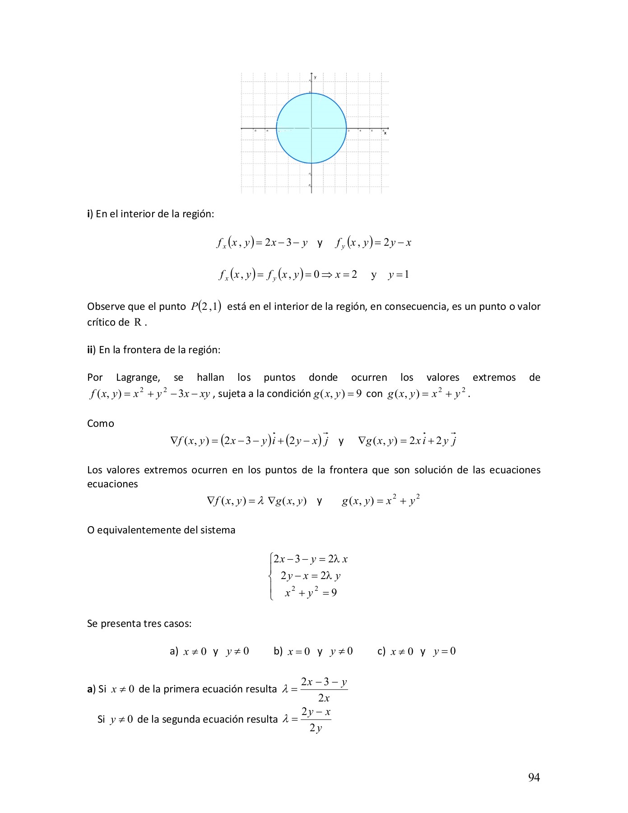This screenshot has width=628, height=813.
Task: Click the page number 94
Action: click(x=534, y=777)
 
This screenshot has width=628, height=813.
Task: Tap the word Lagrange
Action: click(x=138, y=378)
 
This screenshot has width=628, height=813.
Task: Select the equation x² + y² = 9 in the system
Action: click(x=311, y=592)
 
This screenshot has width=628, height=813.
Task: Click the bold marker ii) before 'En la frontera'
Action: click(x=91, y=350)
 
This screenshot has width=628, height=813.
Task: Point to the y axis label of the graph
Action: click(x=315, y=77)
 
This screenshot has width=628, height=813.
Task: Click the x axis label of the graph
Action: click(x=385, y=133)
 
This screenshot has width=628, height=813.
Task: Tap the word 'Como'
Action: click(x=100, y=424)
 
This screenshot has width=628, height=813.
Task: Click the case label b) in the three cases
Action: click(x=278, y=651)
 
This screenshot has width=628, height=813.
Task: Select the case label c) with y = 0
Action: click(x=381, y=651)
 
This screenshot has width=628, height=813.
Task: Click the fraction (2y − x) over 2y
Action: click(x=316, y=720)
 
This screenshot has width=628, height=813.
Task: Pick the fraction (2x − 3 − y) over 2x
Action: click(x=324, y=690)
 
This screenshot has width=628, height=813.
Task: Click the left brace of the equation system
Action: click(x=270, y=576)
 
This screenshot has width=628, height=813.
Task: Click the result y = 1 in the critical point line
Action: click(x=398, y=275)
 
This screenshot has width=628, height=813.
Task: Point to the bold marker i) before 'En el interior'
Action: click(x=90, y=214)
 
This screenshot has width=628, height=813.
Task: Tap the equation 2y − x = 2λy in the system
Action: click(x=310, y=576)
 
